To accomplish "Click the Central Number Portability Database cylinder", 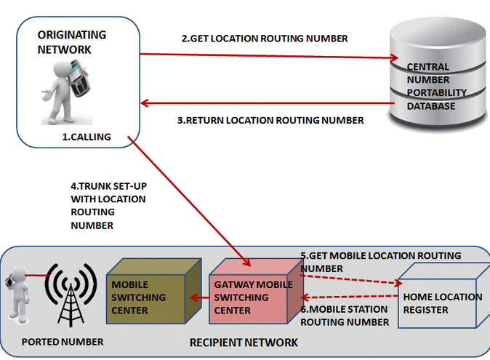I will [435, 80].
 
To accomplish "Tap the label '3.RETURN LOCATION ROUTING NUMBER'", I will [270, 120].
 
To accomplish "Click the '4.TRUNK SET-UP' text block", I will [108, 205].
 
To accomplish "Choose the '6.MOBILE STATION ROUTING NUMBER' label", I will [345, 317].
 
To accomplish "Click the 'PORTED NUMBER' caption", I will [62, 342].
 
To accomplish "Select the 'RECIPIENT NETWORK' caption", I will [243, 342].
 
